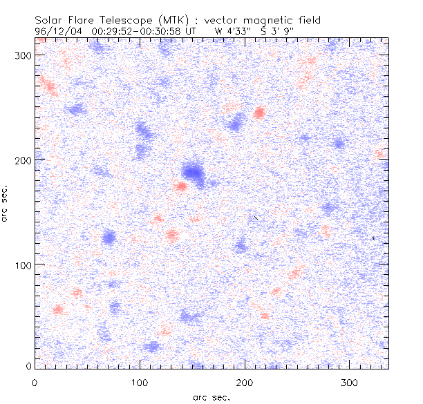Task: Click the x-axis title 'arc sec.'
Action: pyautogui.click(x=211, y=397)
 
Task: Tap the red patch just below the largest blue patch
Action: pyautogui.click(x=181, y=186)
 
